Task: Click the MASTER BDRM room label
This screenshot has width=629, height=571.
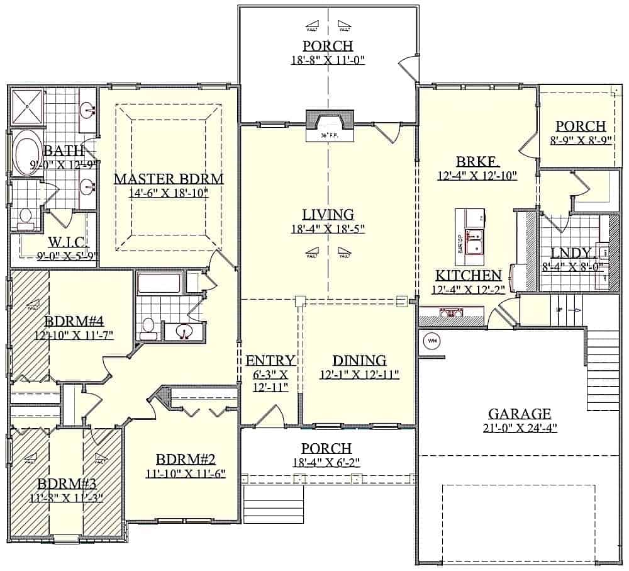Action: pyautogui.click(x=168, y=179)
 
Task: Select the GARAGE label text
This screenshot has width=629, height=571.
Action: pyautogui.click(x=520, y=414)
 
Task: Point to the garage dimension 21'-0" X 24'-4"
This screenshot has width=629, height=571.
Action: pyautogui.click(x=520, y=428)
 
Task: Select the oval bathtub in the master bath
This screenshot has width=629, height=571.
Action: pyautogui.click(x=27, y=153)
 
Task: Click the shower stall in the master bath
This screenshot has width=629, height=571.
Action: pyautogui.click(x=27, y=108)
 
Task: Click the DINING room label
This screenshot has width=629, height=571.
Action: pyautogui.click(x=359, y=361)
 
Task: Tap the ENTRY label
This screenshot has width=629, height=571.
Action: pyautogui.click(x=270, y=361)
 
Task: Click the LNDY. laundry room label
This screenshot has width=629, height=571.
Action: pyautogui.click(x=571, y=253)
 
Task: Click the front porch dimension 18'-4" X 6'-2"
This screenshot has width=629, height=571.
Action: pyautogui.click(x=326, y=463)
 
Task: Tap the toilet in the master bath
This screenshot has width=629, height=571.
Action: pyautogui.click(x=26, y=217)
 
